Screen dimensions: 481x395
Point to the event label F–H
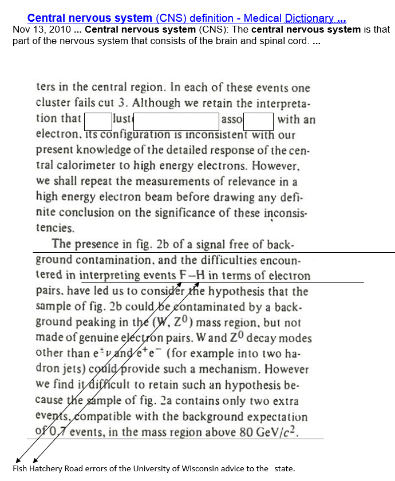[x=192, y=276]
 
